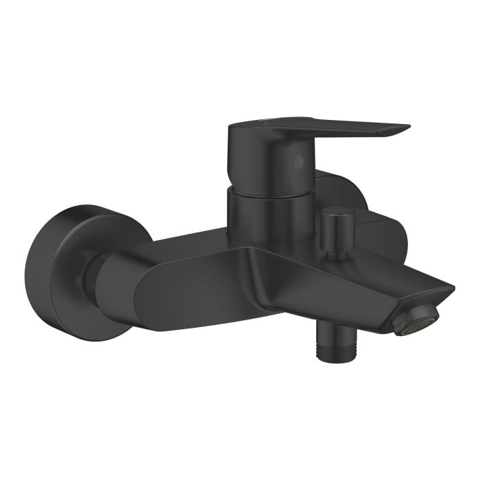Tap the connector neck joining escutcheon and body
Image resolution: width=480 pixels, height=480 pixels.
click(x=96, y=274)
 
